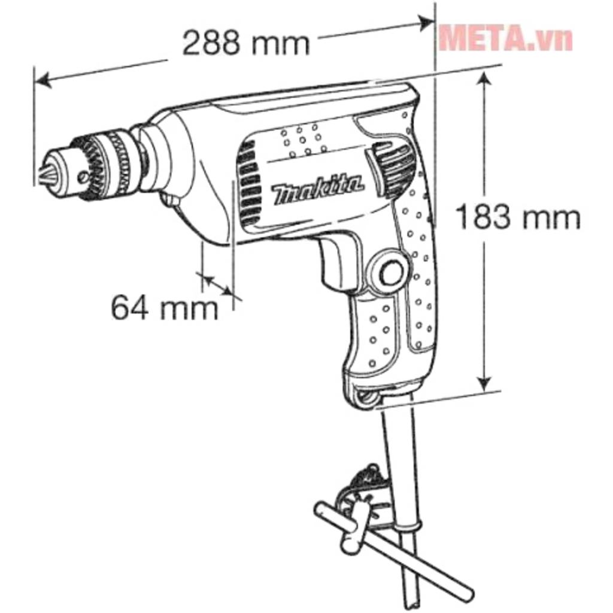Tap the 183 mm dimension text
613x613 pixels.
[x=518, y=218]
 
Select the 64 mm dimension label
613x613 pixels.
[x=165, y=308]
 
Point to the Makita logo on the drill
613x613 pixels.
[x=318, y=190]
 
